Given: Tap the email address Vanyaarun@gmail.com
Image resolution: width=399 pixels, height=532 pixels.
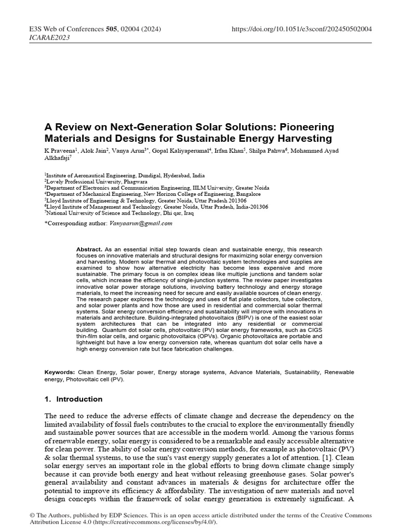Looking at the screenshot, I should [141, 223].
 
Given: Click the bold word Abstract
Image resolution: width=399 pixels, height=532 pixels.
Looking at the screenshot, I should [89, 249].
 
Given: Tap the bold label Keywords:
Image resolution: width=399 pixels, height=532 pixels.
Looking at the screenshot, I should [61, 373].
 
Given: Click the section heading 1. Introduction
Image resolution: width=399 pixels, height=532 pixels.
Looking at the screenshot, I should [74, 399].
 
